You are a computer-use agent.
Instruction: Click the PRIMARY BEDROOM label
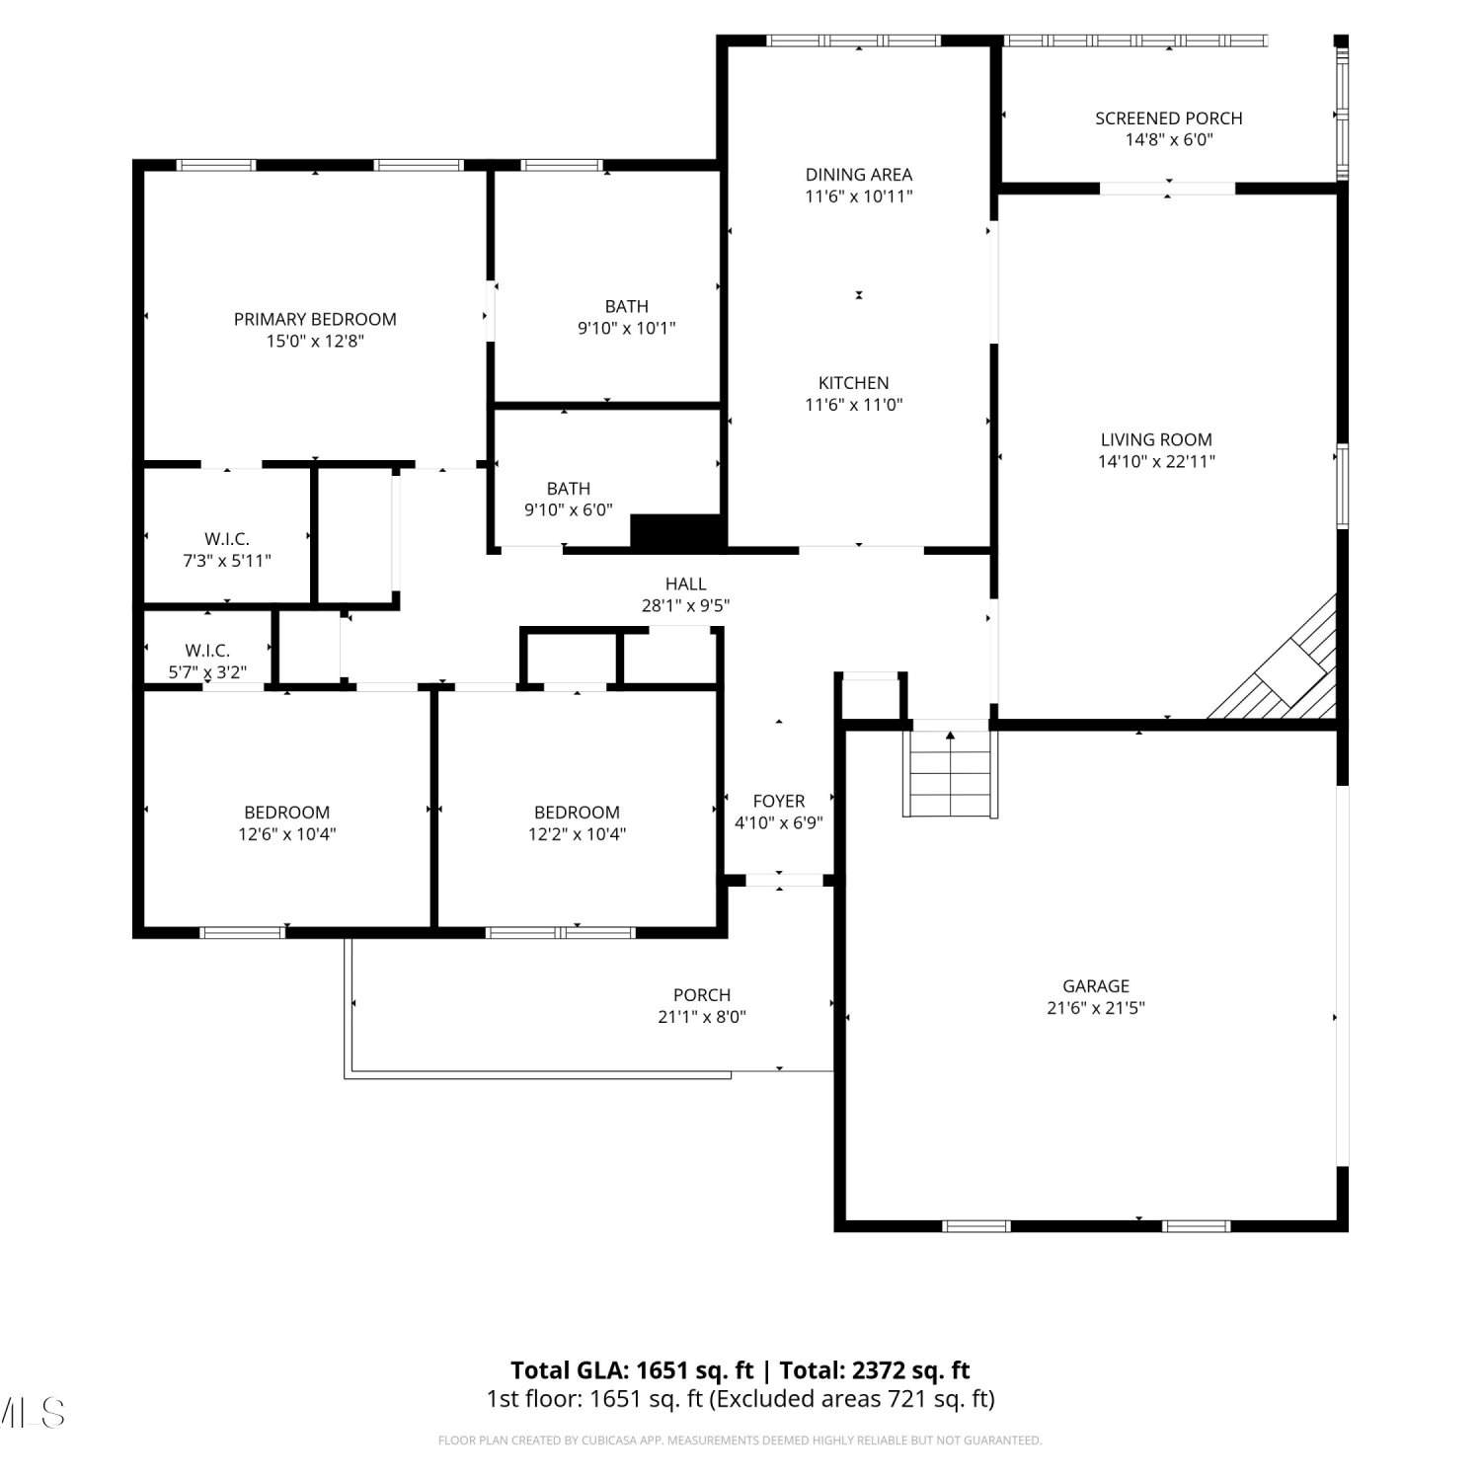[315, 319]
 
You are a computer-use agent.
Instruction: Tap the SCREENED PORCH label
[1169, 118]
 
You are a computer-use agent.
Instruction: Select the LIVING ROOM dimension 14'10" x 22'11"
[1156, 461]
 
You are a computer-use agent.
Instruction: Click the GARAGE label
[1096, 986]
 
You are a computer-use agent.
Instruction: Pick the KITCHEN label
[854, 383]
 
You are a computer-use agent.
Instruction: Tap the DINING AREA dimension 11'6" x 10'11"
[859, 196]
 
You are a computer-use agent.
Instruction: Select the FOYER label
[779, 801]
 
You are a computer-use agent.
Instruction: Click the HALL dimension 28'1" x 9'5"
[686, 605]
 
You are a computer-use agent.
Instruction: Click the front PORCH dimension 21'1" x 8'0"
[702, 1017]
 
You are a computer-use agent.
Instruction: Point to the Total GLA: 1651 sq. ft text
[632, 1370]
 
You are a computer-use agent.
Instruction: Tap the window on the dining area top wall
[855, 41]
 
